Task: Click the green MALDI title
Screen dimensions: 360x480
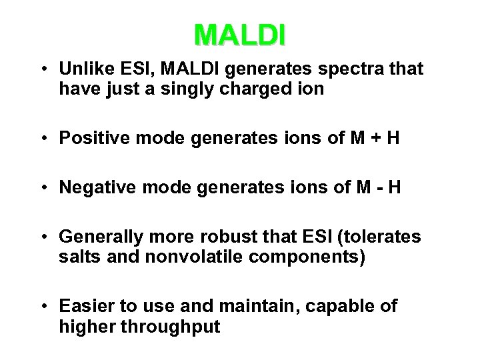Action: pos(240,34)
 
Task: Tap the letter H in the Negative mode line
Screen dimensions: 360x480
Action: pos(394,187)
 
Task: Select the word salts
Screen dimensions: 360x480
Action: pos(80,257)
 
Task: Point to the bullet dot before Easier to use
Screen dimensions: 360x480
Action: pos(43,306)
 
